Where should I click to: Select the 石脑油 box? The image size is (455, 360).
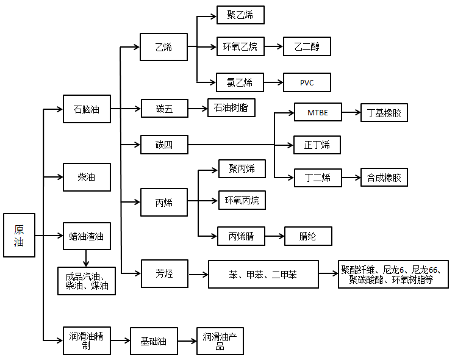point(87,110)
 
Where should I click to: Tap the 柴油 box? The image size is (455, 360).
point(87,178)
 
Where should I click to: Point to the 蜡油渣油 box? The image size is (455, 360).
point(87,236)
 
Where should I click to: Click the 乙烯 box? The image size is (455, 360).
point(163,47)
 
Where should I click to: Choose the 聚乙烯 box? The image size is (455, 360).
point(240,15)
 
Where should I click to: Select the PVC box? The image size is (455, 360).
point(307,82)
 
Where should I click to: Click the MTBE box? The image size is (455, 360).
point(318,112)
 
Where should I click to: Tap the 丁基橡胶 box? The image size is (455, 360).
point(384,112)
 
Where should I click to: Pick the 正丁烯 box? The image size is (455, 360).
point(317,145)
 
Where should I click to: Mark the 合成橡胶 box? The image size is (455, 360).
point(384,178)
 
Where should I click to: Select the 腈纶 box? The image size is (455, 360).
point(308,236)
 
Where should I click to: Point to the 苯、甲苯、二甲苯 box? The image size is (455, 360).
point(263,275)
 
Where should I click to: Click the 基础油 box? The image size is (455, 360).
point(154,341)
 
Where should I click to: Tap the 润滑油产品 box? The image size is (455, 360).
point(220,341)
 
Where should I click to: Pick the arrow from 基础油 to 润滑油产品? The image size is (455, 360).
point(187,341)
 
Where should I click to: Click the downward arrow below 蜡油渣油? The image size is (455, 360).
point(87,258)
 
